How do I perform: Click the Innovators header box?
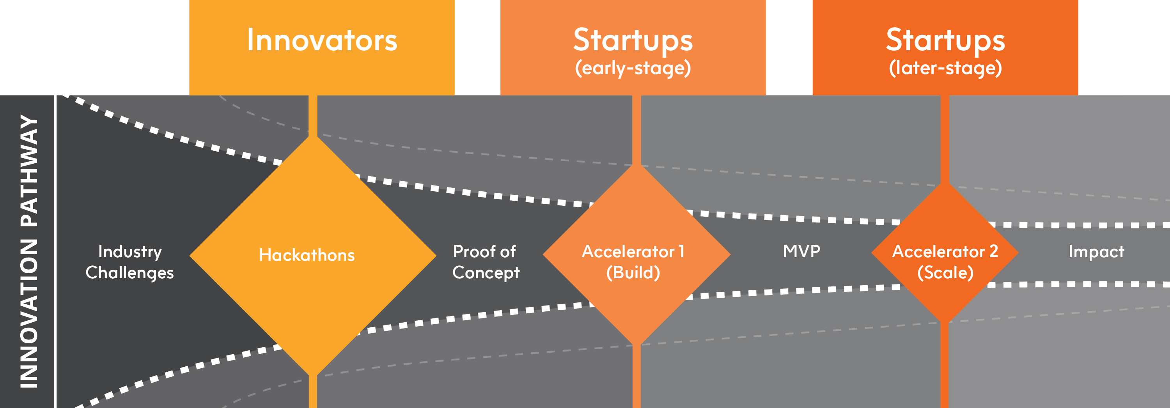tap(322, 47)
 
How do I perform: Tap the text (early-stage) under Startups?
tap(633, 69)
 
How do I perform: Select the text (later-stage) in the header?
tap(945, 69)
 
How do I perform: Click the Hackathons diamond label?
tap(307, 255)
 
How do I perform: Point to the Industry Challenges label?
tap(129, 262)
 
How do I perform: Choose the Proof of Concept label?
tap(486, 262)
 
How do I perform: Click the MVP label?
tap(802, 251)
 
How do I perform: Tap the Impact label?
tap(1096, 252)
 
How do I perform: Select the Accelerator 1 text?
tap(633, 251)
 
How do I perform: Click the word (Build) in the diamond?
tap(633, 273)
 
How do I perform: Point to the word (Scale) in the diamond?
tap(945, 273)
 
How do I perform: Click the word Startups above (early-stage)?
tap(633, 40)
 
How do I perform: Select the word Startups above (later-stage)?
tap(945, 40)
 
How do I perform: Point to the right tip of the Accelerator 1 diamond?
tap(731, 254)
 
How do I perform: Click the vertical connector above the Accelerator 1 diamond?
tap(636, 130)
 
